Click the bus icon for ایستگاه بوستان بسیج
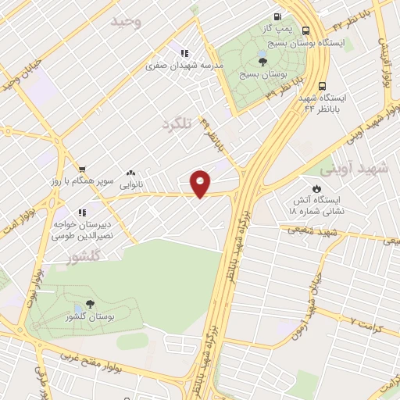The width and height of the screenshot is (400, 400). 304,32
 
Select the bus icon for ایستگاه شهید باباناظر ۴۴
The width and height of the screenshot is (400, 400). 323,87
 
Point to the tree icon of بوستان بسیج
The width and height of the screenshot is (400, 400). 262,60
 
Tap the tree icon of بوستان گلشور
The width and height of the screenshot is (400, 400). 91,304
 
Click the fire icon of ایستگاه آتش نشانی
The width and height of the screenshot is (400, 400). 316,188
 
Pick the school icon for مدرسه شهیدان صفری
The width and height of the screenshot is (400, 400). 184,53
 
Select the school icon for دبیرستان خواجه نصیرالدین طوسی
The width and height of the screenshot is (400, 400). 80,212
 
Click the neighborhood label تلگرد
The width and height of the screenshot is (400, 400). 177,124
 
